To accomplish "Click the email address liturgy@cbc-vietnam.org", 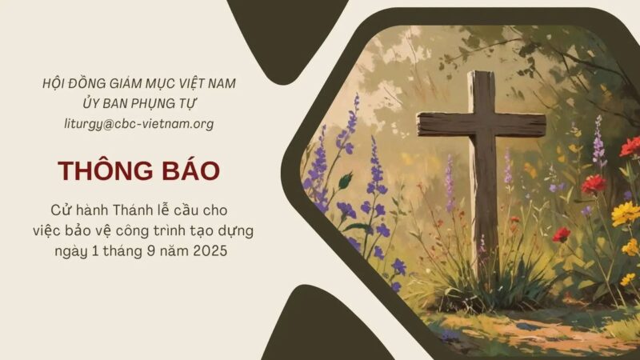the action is (138, 124).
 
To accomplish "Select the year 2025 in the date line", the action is (210, 250).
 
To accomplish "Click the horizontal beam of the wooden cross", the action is (482, 124).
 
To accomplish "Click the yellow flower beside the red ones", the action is (626, 214).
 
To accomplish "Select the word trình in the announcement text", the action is (170, 230).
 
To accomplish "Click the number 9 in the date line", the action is (151, 250).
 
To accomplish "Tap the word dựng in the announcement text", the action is (238, 231).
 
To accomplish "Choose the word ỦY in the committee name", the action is (90, 103).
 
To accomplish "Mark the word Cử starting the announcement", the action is (59, 210).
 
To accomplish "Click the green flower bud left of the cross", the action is (346, 180).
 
